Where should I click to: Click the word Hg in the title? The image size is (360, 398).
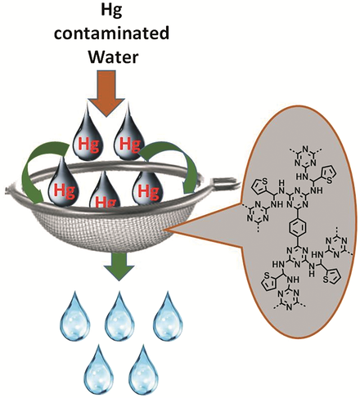point(111,11)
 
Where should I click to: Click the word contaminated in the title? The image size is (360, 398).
point(111,34)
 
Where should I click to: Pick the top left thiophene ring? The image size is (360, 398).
point(259,186)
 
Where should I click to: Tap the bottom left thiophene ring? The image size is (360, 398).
point(269,283)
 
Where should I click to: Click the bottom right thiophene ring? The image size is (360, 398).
point(331,277)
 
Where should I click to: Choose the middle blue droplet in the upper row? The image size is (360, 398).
point(119,315)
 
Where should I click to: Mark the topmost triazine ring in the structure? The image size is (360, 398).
point(305,155)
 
